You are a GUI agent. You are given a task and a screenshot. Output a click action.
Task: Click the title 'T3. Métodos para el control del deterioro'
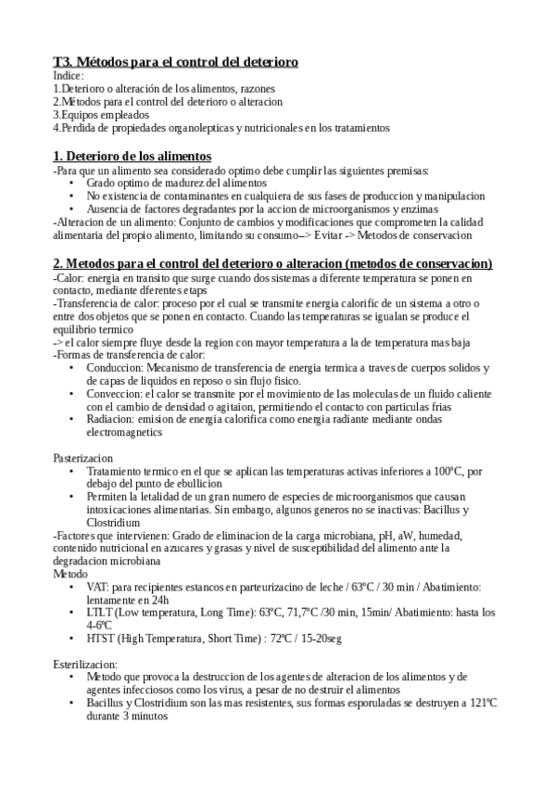click(175, 61)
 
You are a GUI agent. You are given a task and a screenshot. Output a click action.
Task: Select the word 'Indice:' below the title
click(69, 75)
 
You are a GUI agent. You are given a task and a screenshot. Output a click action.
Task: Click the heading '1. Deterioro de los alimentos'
click(132, 156)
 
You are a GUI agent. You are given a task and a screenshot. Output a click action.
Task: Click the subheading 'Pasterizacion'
click(82, 458)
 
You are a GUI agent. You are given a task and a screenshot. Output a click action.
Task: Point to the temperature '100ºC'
click(449, 472)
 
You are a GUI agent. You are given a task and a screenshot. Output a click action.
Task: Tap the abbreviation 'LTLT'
click(100, 613)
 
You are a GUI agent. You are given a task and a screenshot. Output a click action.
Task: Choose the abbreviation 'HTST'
click(101, 639)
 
